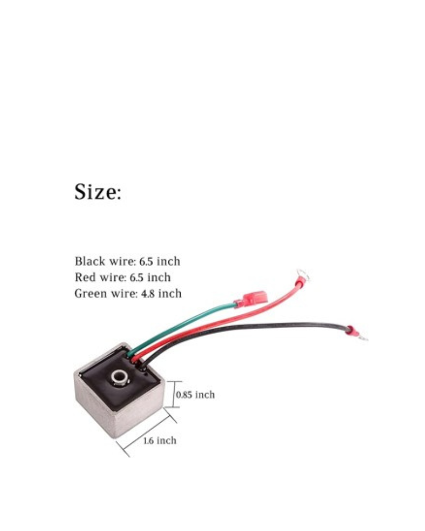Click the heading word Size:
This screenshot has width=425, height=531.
(98, 192)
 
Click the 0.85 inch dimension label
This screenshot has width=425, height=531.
(195, 395)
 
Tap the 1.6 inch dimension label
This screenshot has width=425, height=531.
(160, 441)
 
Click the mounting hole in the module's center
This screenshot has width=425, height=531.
(120, 376)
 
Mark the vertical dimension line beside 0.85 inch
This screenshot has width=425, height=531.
(173, 394)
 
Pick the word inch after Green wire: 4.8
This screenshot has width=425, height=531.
(170, 293)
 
